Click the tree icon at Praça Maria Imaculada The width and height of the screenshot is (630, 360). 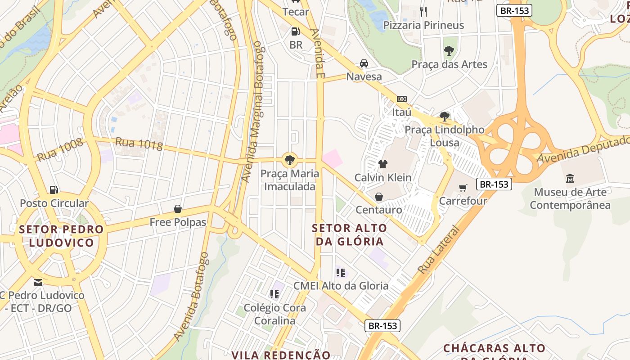290,159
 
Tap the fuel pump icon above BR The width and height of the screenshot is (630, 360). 296,31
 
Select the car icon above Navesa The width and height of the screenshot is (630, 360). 364,63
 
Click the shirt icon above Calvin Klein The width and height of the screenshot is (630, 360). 382,164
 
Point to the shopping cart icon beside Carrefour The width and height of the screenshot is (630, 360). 463,187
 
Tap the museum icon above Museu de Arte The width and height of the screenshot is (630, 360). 570,178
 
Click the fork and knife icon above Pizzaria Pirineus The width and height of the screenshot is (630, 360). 423,11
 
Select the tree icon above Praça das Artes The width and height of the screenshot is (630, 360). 449,50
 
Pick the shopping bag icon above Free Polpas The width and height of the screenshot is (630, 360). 178,209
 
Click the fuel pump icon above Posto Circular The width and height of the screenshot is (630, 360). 54,189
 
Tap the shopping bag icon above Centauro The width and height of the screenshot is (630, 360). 379,197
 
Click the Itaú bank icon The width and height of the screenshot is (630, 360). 401,99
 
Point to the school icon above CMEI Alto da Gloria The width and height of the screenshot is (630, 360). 341,272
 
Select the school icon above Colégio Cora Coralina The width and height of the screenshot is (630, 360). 274,294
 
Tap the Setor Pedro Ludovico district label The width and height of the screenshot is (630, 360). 62,236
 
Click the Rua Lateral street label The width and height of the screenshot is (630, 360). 439,250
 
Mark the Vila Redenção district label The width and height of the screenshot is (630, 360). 281,355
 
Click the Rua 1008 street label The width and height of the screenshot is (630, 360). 60,150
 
